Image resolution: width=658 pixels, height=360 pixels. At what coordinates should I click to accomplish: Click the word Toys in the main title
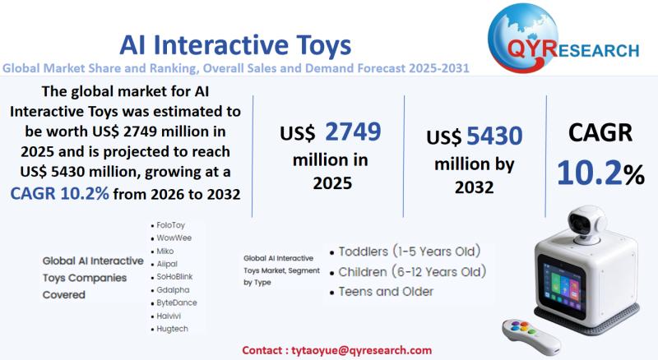click(323, 46)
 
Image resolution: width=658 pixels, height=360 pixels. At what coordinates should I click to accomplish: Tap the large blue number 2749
click(353, 132)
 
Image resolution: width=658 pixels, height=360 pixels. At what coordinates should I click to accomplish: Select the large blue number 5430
click(495, 136)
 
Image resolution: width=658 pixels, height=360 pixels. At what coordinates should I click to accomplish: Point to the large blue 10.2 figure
click(590, 173)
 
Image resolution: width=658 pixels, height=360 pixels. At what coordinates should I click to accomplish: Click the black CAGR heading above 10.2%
click(600, 132)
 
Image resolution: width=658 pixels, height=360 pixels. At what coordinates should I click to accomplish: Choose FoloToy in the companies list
click(170, 225)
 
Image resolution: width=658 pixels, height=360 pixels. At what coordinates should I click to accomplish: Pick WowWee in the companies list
click(174, 238)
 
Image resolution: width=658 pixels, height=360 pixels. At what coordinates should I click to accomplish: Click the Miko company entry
click(165, 251)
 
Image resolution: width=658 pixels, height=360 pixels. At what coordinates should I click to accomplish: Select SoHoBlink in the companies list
click(174, 277)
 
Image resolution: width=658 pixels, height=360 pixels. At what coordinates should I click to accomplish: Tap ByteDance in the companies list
click(177, 302)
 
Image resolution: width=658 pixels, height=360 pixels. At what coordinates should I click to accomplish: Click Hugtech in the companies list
click(172, 329)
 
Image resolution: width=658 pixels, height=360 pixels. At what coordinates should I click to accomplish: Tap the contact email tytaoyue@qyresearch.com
click(361, 350)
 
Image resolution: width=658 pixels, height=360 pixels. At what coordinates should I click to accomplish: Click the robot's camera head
click(586, 224)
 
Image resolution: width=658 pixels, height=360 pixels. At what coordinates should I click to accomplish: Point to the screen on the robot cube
click(562, 286)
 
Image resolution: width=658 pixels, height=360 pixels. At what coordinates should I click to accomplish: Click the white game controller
click(531, 336)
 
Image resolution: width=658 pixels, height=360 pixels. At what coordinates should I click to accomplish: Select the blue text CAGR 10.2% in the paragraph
click(59, 193)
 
